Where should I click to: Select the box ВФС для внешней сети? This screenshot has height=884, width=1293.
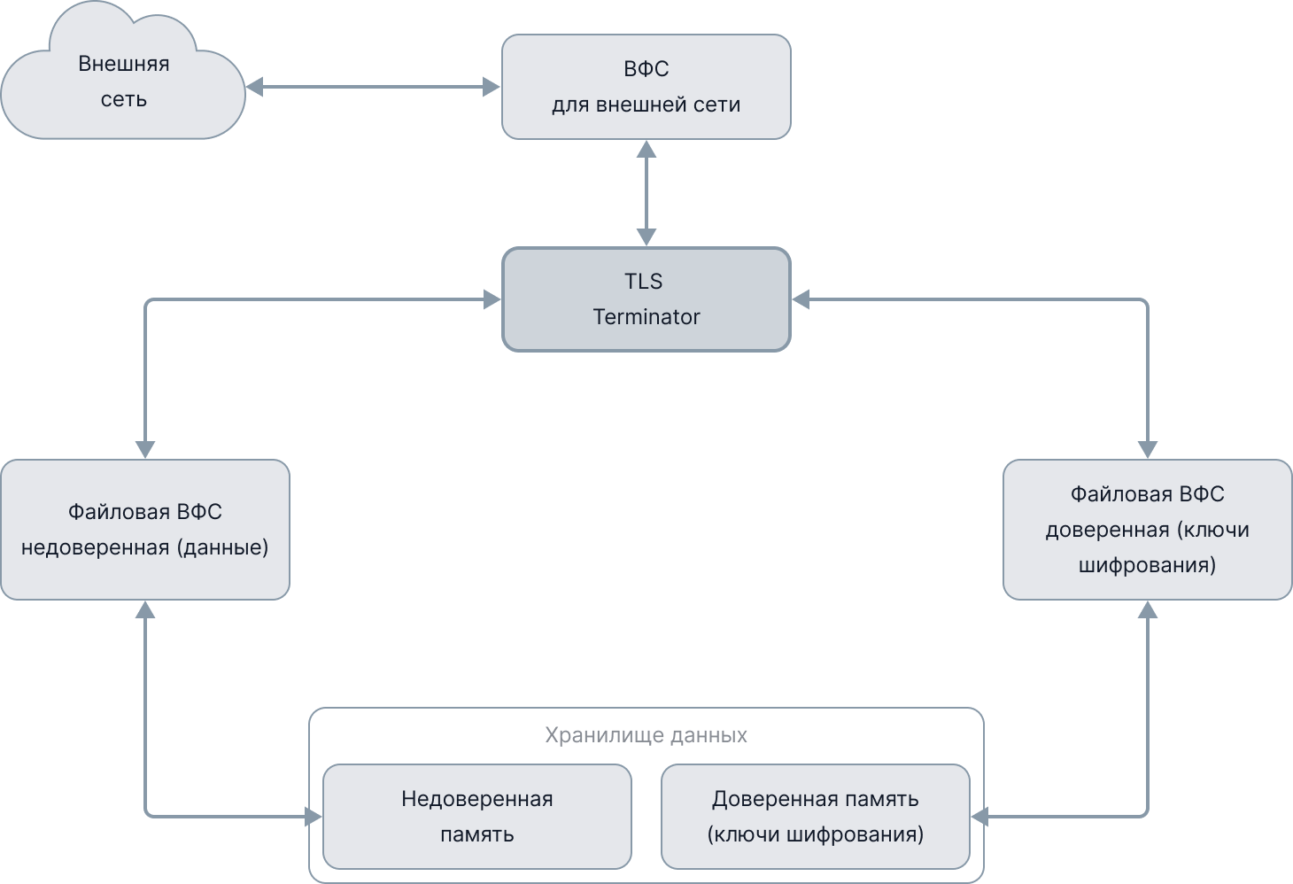coord(646,87)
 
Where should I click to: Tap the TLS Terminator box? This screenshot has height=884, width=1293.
coord(646,299)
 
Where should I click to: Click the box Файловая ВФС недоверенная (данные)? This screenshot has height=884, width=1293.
coord(145,530)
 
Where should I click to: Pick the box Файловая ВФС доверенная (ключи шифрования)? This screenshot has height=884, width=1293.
coord(1147,530)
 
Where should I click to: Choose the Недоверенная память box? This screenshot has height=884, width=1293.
coord(476,817)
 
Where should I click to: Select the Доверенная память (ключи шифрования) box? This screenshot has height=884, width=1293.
coord(815,817)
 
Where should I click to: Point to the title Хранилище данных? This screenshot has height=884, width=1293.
coord(646,735)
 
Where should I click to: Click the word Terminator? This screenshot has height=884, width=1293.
coord(646,317)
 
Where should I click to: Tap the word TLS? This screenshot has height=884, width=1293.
coord(643,282)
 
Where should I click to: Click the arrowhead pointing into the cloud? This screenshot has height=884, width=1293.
coord(255,87)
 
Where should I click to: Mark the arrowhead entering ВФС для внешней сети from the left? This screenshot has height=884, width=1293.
coord(492,87)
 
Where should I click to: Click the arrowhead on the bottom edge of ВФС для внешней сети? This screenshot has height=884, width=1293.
coord(646,149)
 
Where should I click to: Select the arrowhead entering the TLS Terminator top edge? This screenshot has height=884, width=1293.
coord(646,237)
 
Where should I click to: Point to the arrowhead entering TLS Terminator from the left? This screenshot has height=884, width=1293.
coord(492,299)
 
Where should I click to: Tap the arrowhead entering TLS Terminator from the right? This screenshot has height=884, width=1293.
coord(801,299)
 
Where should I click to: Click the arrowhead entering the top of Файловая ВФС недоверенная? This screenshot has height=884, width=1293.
coord(145,450)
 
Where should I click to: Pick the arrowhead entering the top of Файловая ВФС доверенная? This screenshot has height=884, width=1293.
coord(1148,450)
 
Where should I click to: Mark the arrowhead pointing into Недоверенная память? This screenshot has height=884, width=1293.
coord(314,817)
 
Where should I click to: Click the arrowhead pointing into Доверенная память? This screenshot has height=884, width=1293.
coord(979,817)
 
